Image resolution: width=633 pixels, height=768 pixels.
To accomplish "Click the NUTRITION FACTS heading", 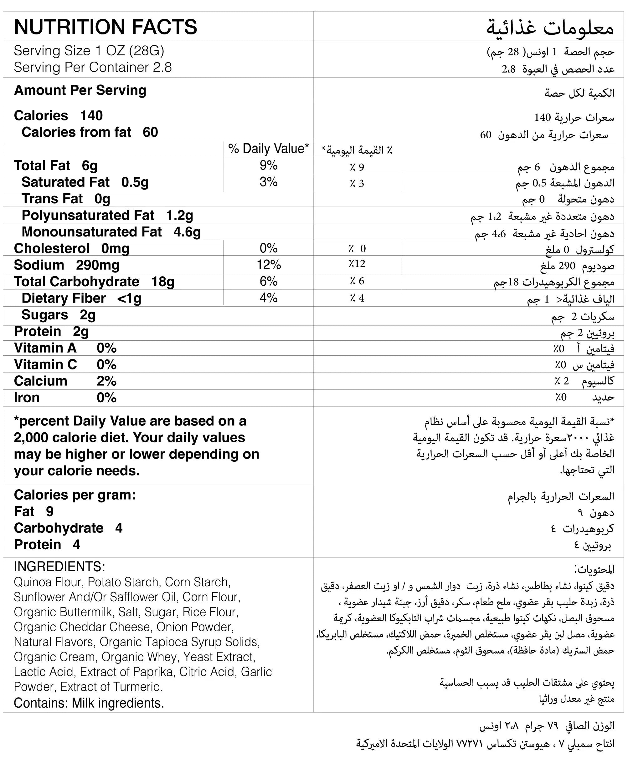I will pos(105,27).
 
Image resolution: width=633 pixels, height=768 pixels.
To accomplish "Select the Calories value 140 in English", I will pos(91,115).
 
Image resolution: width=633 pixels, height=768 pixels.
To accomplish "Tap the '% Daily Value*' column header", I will pos(268,149).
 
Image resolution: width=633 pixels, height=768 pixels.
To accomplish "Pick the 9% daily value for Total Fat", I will pos(268,165).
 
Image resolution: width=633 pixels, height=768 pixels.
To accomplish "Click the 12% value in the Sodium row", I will pos(268,265).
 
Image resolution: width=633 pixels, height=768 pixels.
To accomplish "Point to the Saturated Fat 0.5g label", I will pos(85,182).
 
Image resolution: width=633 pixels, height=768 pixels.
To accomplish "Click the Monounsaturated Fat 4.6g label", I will pos(111,232).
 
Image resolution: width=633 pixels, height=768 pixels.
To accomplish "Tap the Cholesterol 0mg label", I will pos(71,248).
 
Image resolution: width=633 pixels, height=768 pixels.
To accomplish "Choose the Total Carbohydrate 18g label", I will pos(94,282).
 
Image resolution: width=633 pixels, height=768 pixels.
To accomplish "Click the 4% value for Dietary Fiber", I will pos(268,298).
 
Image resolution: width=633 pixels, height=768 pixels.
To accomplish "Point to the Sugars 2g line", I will pos(58,315).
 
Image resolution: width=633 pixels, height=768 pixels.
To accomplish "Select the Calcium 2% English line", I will pos(65,381).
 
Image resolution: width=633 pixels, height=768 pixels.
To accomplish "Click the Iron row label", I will pos(27,398).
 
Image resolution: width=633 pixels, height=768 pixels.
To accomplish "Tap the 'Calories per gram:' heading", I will pos(75,495).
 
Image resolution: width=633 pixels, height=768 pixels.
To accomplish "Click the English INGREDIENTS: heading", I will pos(59,567).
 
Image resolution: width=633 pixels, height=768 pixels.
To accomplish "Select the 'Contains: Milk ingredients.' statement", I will pos(89,703).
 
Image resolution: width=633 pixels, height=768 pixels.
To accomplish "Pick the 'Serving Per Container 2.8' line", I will pos(93,67).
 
